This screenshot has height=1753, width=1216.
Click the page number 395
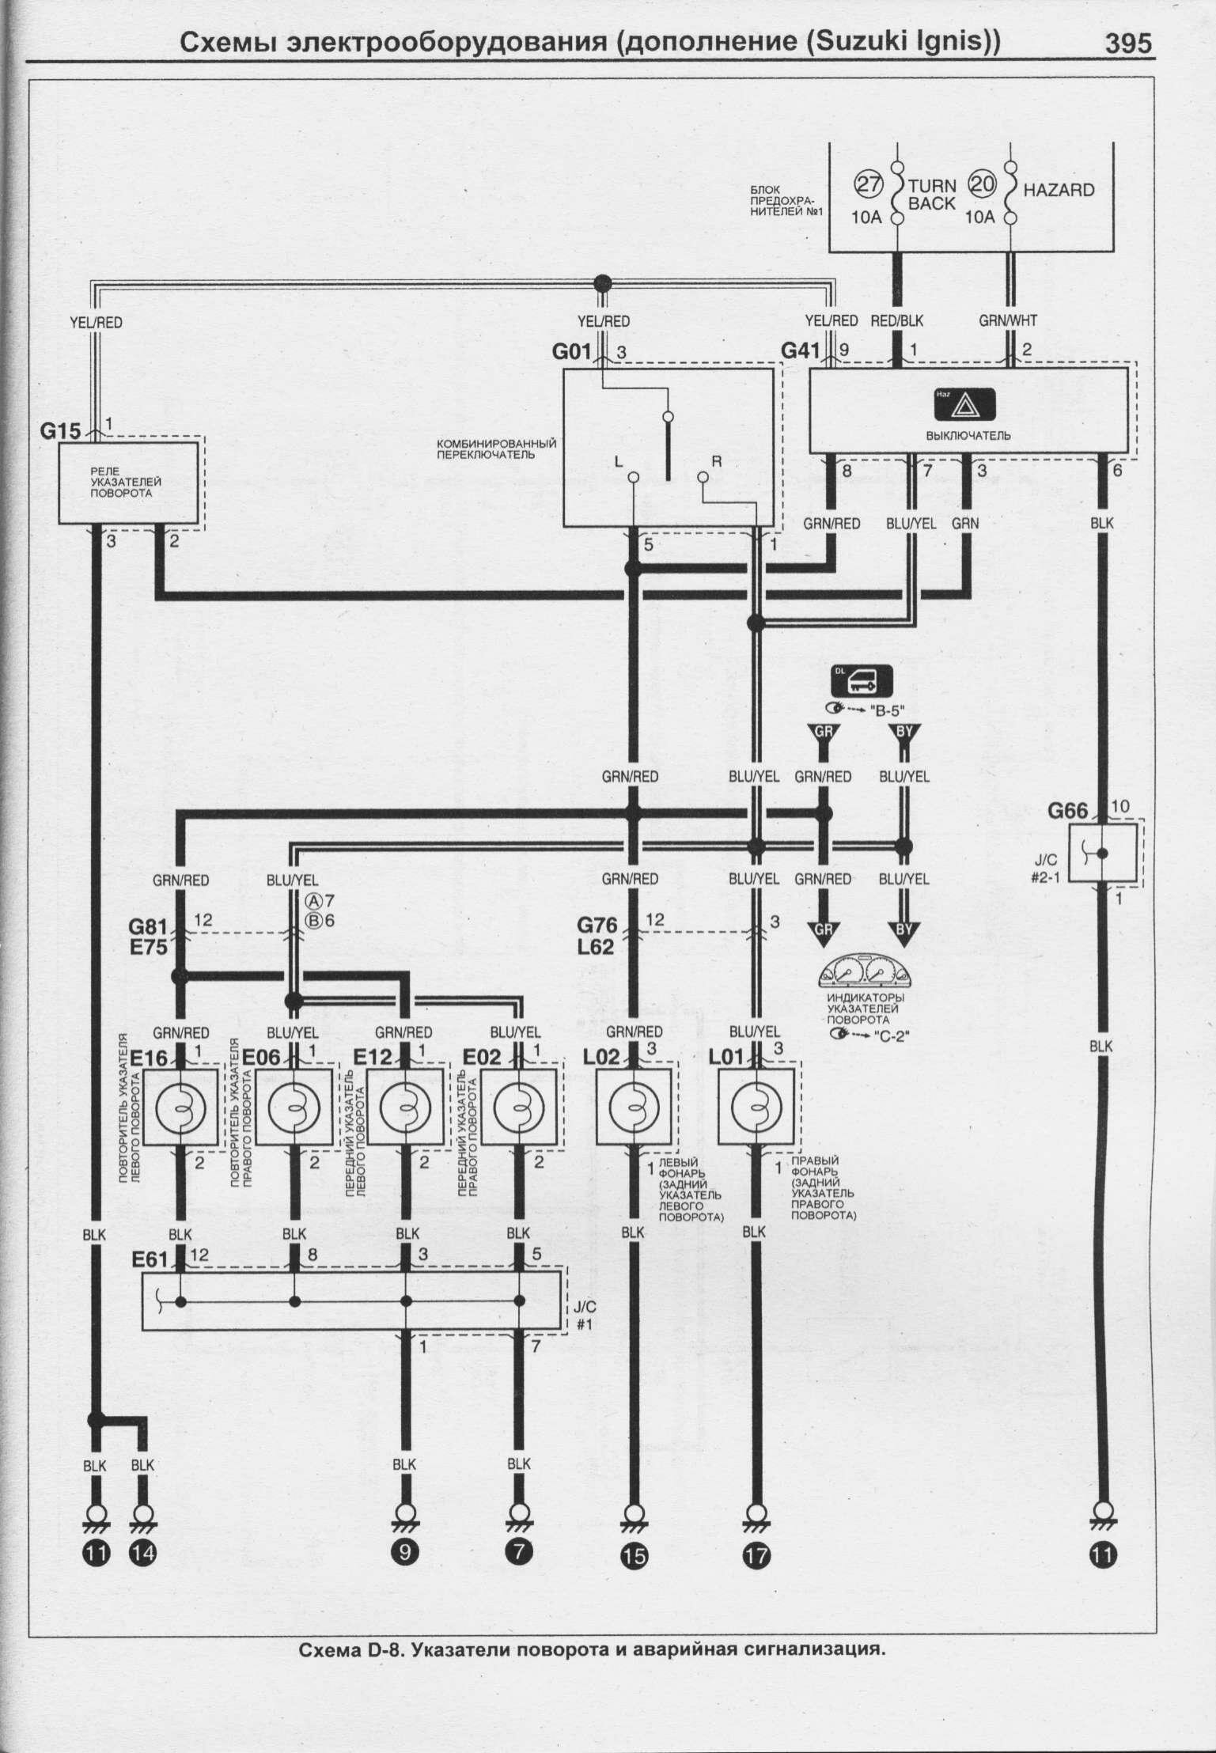pos(1128,43)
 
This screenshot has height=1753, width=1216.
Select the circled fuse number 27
pos(869,186)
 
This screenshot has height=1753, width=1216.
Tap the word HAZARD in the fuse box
pos(1059,190)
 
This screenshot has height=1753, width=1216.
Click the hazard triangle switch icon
pos(967,407)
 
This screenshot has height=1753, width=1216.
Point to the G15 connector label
pos(61,432)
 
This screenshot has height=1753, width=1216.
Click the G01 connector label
pos(572,351)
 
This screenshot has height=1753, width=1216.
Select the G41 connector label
pos(801,350)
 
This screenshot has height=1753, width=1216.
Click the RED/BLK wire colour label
pos(896,321)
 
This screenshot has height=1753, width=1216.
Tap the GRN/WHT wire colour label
pos(1008,321)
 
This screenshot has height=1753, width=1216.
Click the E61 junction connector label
pos(150,1259)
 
